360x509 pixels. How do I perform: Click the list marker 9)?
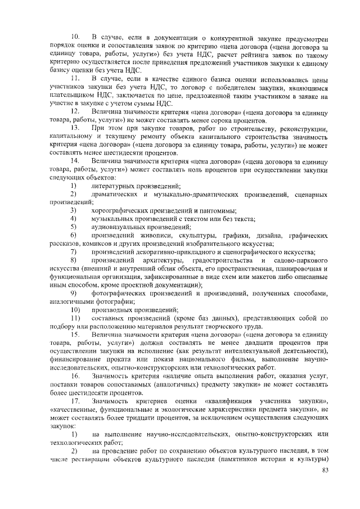point(74,292)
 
